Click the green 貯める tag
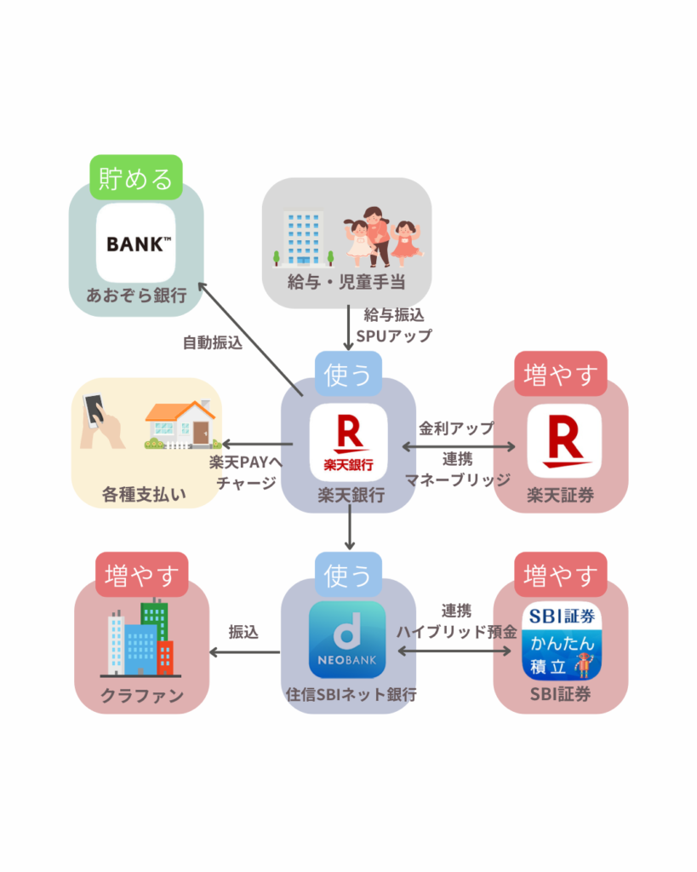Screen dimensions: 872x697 pos(136,178)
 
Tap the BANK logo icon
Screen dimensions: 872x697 pos(135,244)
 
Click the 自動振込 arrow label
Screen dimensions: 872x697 pos(213,343)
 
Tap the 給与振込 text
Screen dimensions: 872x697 pos(394,315)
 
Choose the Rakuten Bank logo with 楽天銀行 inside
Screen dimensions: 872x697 pos(348,442)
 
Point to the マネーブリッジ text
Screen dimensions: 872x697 pos(457,479)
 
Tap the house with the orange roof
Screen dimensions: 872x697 pos(179,423)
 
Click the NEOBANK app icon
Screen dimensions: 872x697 pos(347,640)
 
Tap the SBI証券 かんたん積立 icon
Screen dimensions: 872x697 pos(561,641)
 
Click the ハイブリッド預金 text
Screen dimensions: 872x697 pos(456,632)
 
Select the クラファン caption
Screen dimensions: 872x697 pos(142,696)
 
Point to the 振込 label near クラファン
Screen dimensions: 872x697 pos(243,632)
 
